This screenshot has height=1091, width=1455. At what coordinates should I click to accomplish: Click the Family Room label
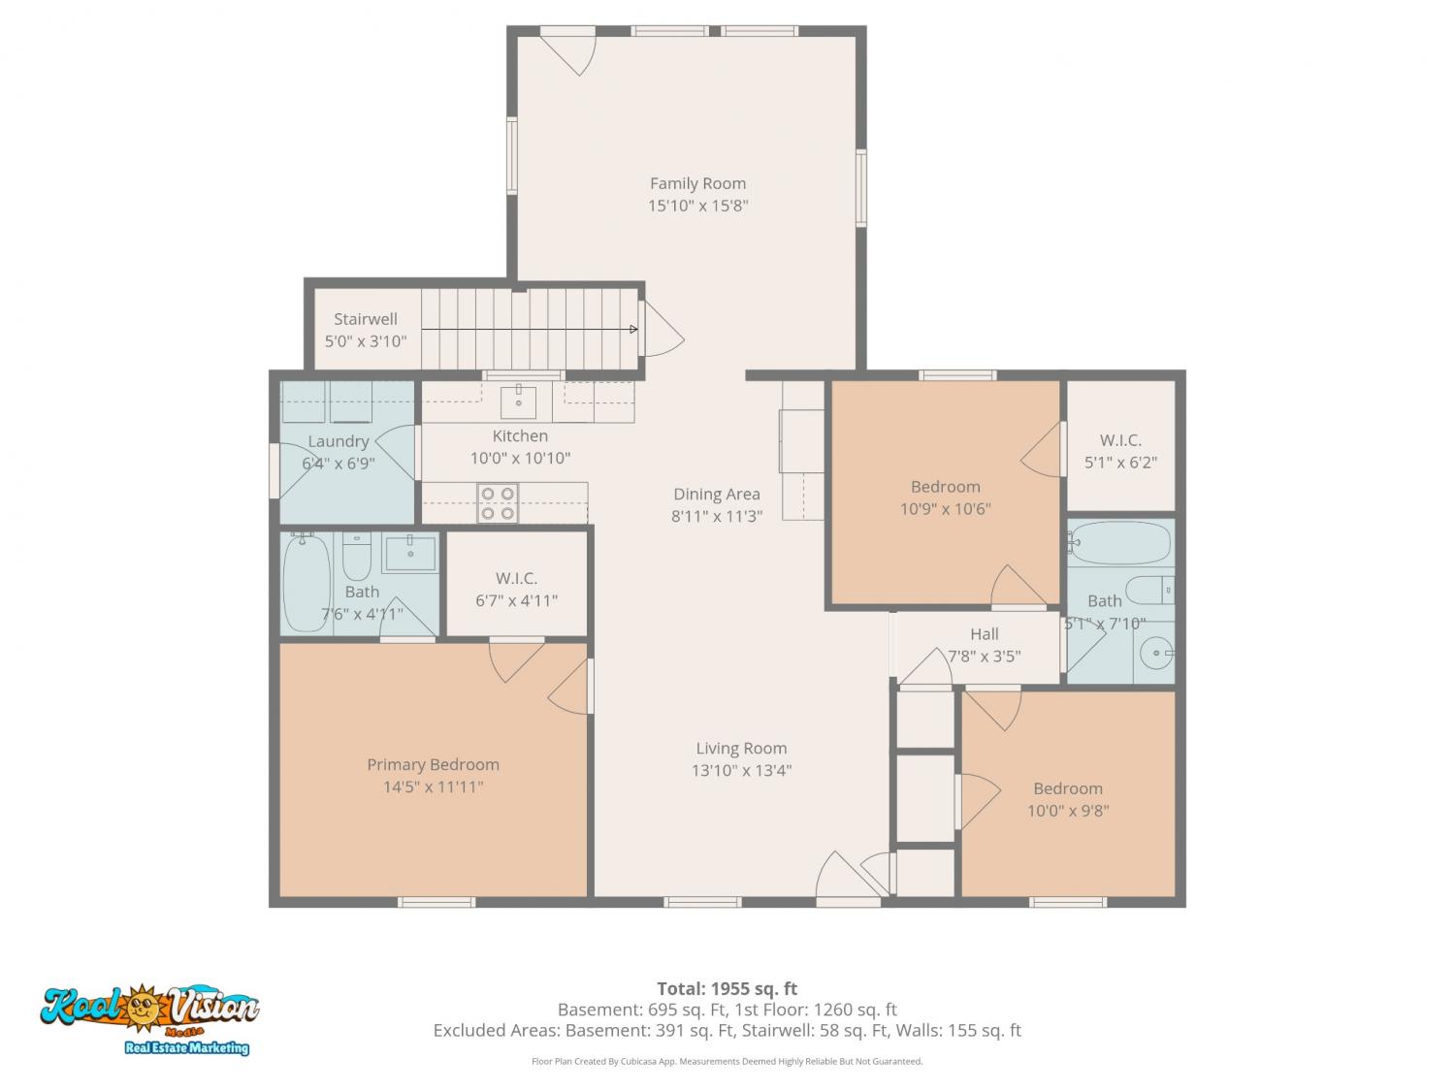(697, 183)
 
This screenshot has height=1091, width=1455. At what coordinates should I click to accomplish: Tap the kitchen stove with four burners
(498, 502)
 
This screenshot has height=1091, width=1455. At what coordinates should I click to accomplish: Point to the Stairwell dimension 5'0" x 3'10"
(366, 341)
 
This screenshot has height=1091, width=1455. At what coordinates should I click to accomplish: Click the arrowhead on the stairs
(633, 329)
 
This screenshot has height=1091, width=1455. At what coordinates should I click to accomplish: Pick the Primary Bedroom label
(433, 764)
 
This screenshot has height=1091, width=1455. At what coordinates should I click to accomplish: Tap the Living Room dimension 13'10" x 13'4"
(742, 770)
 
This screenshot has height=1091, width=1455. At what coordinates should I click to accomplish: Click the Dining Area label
(717, 495)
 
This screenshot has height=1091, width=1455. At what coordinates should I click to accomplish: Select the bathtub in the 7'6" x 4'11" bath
(307, 582)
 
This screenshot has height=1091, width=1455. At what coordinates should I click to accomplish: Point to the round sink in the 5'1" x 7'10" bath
(1156, 653)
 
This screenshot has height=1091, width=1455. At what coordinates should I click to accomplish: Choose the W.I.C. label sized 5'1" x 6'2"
(1120, 440)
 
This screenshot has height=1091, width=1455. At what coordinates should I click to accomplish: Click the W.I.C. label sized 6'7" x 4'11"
(516, 578)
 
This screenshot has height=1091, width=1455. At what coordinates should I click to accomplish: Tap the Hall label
(985, 634)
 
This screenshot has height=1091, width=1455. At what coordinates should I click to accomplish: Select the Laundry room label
(339, 442)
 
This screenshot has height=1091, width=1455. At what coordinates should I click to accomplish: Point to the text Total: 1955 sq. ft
(727, 989)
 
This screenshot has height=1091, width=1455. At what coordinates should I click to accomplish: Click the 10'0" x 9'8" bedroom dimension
(1068, 811)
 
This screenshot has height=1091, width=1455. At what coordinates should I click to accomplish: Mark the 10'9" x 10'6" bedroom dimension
(945, 509)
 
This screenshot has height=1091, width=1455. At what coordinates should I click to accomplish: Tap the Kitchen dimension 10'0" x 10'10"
(520, 459)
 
